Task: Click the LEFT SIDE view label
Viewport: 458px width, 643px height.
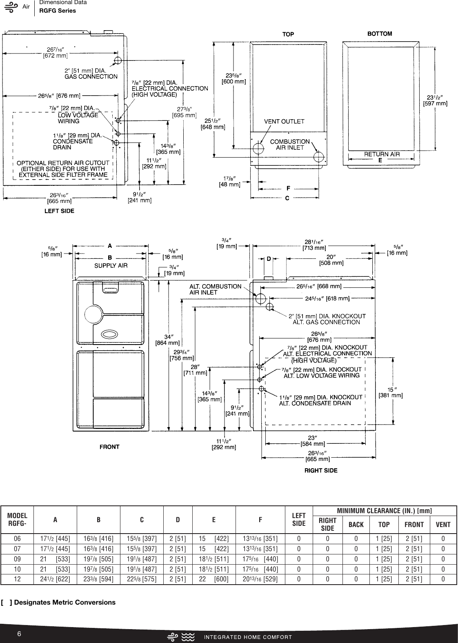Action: [x=59, y=211]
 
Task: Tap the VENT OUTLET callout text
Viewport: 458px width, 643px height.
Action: [x=284, y=121]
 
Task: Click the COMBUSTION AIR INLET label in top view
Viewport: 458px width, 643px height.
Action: [x=290, y=145]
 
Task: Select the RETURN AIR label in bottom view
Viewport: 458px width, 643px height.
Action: [x=382, y=154]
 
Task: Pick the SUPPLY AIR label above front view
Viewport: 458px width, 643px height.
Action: [x=111, y=266]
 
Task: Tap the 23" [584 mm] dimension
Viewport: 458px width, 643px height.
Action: [x=313, y=441]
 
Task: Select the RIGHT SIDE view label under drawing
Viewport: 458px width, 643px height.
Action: [x=321, y=470]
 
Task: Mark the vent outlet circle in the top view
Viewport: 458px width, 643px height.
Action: [x=258, y=148]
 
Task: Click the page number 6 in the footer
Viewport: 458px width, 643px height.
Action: [x=19, y=634]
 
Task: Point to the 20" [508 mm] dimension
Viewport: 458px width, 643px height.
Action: [x=331, y=260]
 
